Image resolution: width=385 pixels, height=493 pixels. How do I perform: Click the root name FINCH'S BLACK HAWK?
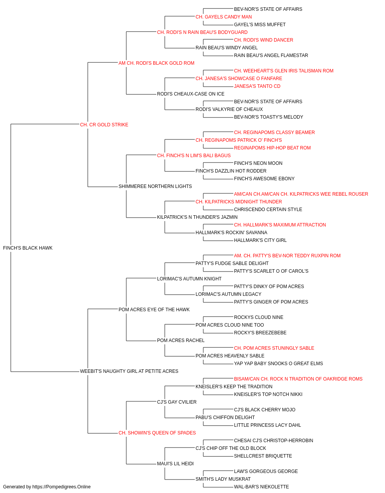coord(28,248)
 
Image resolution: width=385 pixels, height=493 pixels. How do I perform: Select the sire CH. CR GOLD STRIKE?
coord(104,125)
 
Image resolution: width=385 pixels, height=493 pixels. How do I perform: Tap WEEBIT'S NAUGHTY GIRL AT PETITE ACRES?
coord(129,371)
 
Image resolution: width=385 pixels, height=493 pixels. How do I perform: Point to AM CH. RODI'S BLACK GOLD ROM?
coord(156,63)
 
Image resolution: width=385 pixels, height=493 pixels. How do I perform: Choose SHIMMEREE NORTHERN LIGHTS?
coord(155,186)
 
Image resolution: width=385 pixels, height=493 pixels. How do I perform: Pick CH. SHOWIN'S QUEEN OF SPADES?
coord(157,433)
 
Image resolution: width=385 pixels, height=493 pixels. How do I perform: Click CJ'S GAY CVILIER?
coord(177,402)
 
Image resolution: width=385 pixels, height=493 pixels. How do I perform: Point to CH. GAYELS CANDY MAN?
coord(224,17)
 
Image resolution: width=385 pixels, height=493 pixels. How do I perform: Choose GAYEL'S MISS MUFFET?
coord(260,25)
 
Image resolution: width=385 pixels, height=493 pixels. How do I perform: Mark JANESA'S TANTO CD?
coord(257,86)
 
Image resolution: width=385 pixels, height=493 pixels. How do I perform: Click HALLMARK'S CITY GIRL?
coord(260,240)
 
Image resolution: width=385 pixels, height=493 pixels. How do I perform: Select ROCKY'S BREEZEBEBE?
coord(260,333)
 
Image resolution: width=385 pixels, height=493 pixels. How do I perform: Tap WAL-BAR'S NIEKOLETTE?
coord(261,487)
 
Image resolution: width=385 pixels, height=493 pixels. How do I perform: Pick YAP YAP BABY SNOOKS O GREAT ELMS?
coord(278,364)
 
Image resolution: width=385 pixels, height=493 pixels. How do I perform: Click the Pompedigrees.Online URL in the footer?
coord(62,487)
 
